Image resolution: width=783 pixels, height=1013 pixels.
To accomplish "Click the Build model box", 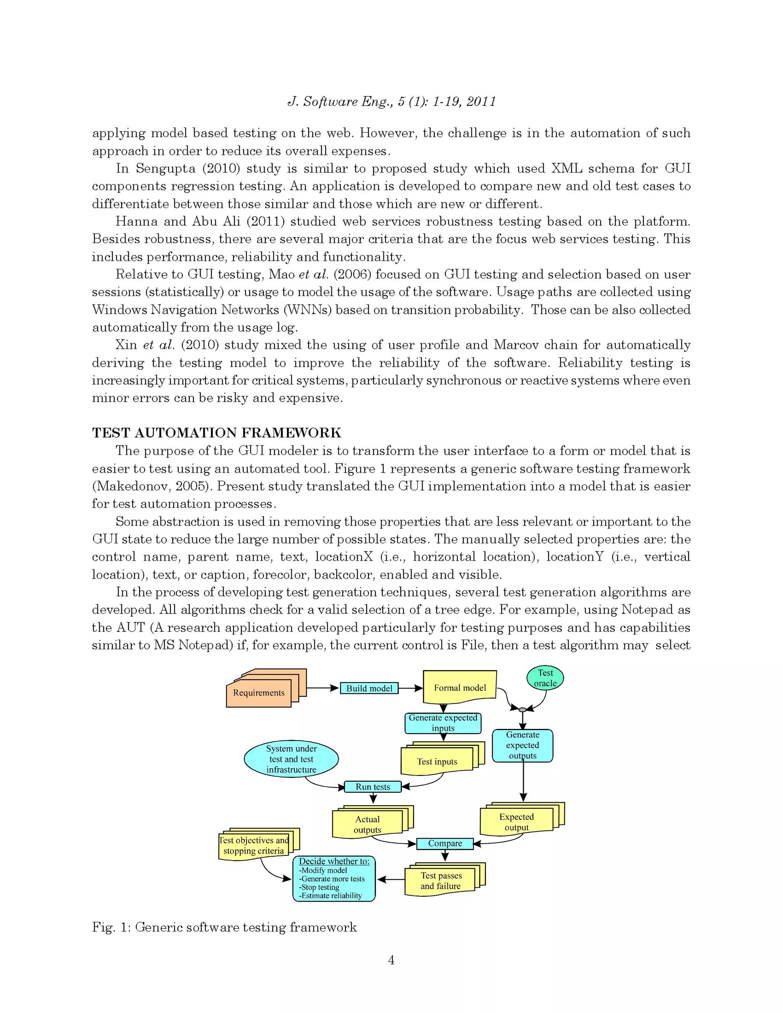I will point(369,688).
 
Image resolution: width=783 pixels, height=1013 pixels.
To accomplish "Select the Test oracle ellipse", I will point(545,678).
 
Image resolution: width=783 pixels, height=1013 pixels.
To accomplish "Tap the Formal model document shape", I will point(460,687).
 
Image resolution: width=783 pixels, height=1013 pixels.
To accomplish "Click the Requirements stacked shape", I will point(259,693).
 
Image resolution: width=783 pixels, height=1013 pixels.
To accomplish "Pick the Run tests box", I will point(372,787).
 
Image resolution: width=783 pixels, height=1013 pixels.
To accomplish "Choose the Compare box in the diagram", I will point(445,843).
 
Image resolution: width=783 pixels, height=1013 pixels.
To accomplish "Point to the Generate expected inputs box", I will point(443,722).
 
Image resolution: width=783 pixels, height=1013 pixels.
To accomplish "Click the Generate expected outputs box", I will point(522,745).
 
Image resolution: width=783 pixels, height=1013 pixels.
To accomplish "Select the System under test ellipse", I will point(291,759).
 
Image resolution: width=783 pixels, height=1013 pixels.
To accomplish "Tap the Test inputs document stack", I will point(437,761).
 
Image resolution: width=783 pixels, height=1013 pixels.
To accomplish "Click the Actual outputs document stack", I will point(367,824).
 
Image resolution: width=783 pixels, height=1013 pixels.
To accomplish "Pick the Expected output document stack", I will point(516,822).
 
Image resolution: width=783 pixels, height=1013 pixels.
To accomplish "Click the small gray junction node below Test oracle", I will point(522,709).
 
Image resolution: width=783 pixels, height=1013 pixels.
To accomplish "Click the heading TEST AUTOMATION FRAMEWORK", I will point(217,433).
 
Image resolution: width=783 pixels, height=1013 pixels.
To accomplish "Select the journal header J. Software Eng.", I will point(391,102).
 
